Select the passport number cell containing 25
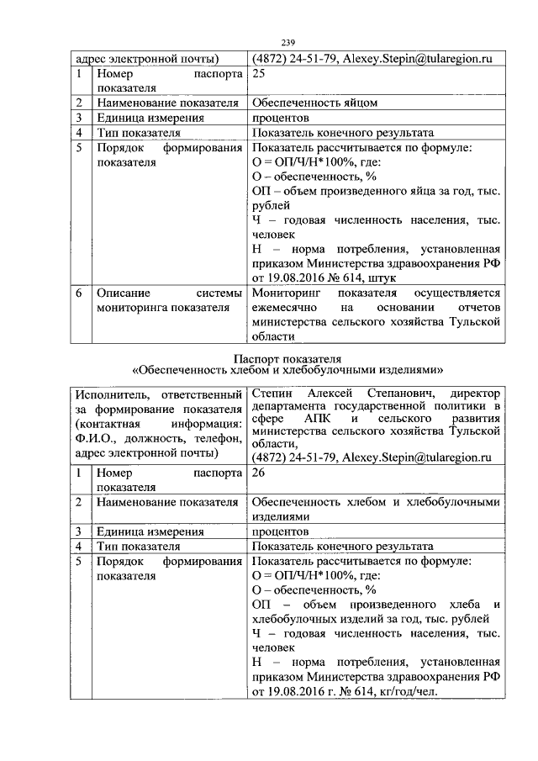pyautogui.click(x=259, y=74)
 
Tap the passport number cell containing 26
pyautogui.click(x=259, y=473)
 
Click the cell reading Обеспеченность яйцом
pyautogui.click(x=314, y=103)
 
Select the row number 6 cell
pyautogui.click(x=77, y=293)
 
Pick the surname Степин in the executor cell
pyautogui.click(x=271, y=394)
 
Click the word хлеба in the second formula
pyautogui.click(x=472, y=605)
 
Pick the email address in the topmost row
pyautogui.click(x=419, y=59)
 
